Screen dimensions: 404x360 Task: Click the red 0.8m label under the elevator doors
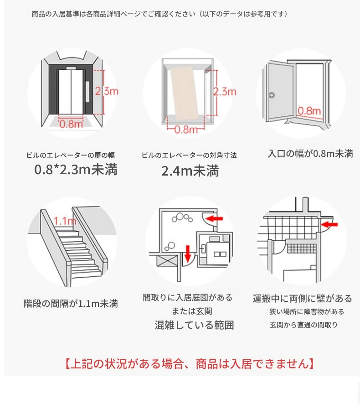[x=71, y=124]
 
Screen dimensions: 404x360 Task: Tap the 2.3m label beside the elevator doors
[x=107, y=91]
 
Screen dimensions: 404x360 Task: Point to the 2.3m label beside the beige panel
[x=225, y=92]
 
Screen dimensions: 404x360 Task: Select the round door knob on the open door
[x=272, y=95]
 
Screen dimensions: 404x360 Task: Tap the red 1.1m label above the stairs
[x=65, y=221]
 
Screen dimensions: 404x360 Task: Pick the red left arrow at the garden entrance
[x=214, y=219]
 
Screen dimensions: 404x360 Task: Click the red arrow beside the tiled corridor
[x=329, y=224]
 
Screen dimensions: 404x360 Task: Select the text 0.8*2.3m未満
[x=76, y=170]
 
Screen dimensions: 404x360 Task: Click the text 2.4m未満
[x=190, y=171]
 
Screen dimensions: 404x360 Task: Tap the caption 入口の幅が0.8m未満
[x=310, y=154]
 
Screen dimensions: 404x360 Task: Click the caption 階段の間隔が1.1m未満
[x=71, y=303]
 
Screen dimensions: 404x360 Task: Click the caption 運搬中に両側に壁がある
[x=302, y=299]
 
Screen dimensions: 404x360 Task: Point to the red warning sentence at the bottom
[x=189, y=364]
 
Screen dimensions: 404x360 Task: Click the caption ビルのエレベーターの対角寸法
[x=189, y=155]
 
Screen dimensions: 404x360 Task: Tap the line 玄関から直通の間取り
[x=303, y=325]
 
